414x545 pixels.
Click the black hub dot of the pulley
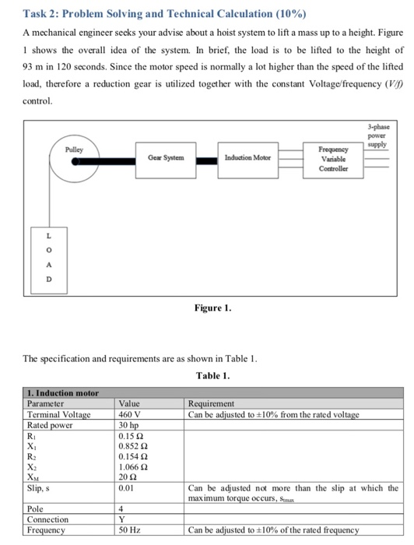[x=75, y=162]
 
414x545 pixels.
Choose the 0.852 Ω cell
[x=133, y=446]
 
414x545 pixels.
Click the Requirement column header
[x=212, y=404]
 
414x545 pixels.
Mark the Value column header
[x=129, y=404]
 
